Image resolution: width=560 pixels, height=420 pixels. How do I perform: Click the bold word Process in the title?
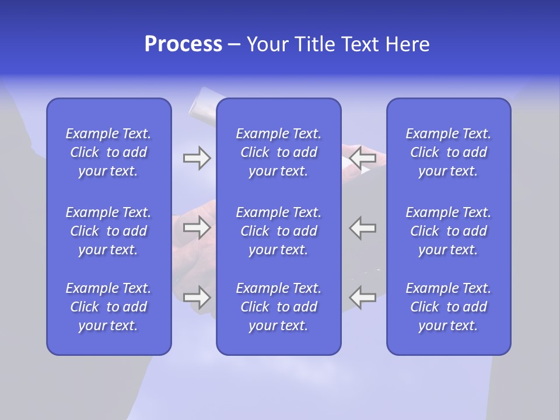pyautogui.click(x=183, y=44)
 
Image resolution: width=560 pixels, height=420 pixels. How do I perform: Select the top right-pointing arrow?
pyautogui.click(x=197, y=158)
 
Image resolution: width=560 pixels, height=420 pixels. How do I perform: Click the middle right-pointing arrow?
pyautogui.click(x=197, y=228)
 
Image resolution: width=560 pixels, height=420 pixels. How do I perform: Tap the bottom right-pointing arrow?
pyautogui.click(x=197, y=297)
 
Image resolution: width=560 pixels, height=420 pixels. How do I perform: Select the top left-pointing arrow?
pyautogui.click(x=363, y=158)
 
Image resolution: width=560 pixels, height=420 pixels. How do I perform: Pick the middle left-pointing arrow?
pyautogui.click(x=363, y=228)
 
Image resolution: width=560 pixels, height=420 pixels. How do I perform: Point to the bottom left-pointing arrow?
pyautogui.click(x=363, y=297)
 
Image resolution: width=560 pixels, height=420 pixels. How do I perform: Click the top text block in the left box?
pyautogui.click(x=108, y=152)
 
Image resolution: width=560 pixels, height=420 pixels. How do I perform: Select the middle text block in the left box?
pyautogui.click(x=108, y=231)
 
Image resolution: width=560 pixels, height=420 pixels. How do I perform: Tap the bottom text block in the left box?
pyautogui.click(x=108, y=307)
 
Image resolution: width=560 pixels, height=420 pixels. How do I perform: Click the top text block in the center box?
pyautogui.click(x=279, y=152)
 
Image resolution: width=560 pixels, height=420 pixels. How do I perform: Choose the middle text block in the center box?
pyautogui.click(x=279, y=231)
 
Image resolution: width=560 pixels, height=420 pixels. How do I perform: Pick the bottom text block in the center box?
pyautogui.click(x=279, y=307)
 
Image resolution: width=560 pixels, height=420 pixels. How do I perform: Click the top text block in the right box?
pyautogui.click(x=449, y=152)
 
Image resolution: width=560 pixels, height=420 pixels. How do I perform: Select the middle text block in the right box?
pyautogui.click(x=449, y=231)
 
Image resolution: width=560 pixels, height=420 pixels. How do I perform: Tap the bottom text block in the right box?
pyautogui.click(x=449, y=307)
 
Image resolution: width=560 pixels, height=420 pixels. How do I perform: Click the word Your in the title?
pyautogui.click(x=266, y=44)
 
